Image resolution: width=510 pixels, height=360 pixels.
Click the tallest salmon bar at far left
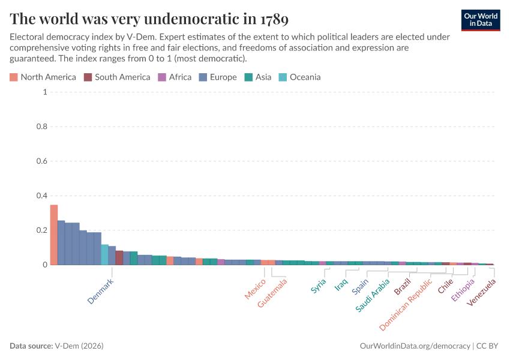click(54, 235)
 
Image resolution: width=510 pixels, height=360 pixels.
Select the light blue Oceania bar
click(104, 254)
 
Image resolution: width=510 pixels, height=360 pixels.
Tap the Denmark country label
click(100, 290)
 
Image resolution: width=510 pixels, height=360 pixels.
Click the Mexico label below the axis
click(255, 289)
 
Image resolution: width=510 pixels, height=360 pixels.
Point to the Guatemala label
click(272, 292)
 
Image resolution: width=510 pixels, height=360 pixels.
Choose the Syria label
click(319, 286)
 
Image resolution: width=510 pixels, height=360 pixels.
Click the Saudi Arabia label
click(373, 295)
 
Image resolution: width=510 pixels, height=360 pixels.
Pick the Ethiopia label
click(463, 290)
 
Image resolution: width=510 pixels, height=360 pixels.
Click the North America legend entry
click(43, 77)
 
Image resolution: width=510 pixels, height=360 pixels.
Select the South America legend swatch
click(88, 77)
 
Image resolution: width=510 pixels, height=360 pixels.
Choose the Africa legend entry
click(175, 77)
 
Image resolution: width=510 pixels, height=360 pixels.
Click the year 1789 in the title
click(274, 19)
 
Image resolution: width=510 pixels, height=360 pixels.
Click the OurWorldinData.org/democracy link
click(415, 346)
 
